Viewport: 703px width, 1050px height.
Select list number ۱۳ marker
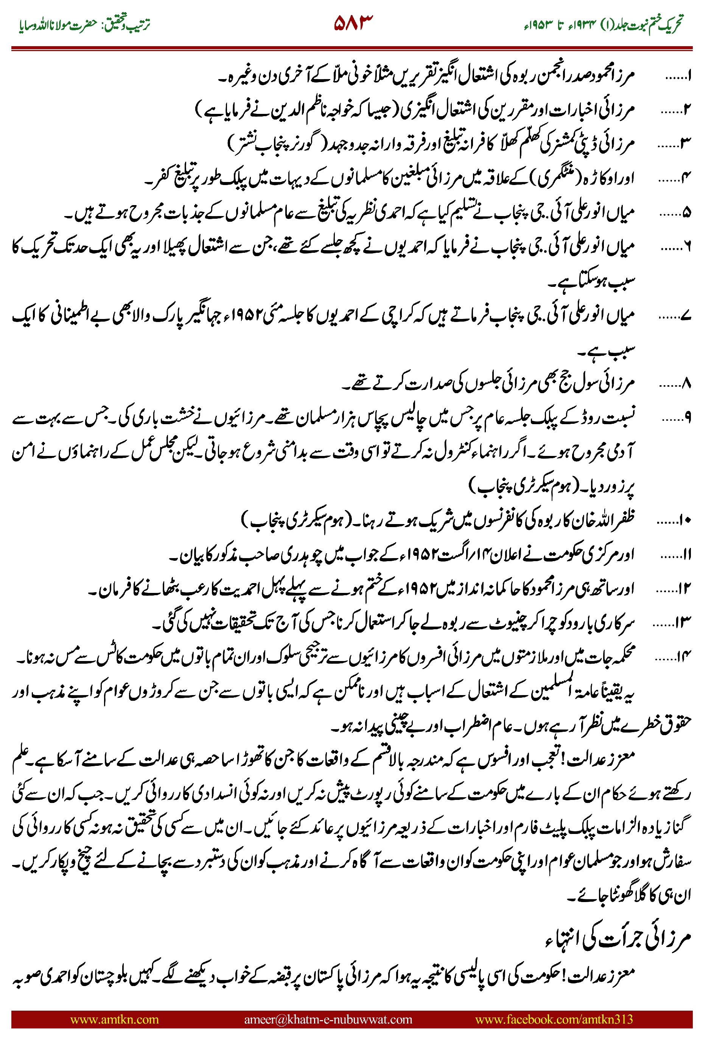[684, 622]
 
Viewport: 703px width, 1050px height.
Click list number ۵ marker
[686, 213]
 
